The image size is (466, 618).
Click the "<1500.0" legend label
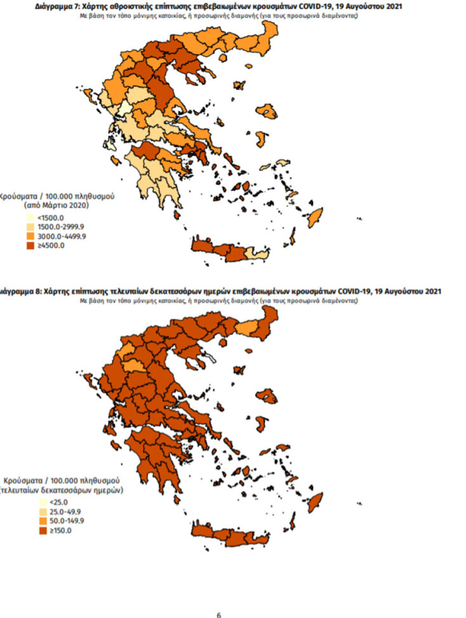(51, 218)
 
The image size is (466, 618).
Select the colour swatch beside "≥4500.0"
(29, 246)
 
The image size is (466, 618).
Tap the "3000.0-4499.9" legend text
(62, 236)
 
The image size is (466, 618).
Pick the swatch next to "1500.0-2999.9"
(29, 227)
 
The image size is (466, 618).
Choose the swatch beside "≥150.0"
(29, 530)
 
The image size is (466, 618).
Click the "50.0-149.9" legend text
(58, 521)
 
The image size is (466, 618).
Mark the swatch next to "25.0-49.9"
(29, 512)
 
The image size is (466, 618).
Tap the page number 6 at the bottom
(218, 615)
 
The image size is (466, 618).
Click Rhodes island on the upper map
(315, 215)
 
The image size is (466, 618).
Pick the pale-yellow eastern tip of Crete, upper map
(258, 254)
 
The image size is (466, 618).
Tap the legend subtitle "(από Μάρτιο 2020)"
(56, 206)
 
